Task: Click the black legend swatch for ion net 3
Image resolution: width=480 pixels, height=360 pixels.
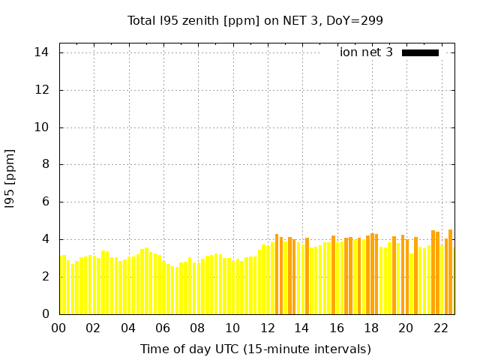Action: [420, 52]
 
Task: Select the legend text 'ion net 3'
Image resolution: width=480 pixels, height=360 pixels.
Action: [366, 52]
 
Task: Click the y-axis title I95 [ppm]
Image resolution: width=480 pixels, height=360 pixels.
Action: [10, 178]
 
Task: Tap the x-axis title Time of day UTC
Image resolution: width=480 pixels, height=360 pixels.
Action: [256, 349]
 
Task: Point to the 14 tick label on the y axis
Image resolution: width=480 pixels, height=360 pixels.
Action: [42, 52]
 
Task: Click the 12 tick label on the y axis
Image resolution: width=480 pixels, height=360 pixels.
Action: [42, 90]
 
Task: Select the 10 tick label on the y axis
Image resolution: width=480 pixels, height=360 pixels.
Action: [42, 127]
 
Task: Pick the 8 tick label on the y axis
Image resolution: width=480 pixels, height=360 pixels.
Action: [46, 164]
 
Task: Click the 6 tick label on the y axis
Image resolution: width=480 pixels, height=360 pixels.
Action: [46, 202]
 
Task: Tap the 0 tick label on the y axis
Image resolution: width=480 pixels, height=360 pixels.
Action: [46, 313]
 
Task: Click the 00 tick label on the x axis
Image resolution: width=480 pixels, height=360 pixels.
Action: [58, 328]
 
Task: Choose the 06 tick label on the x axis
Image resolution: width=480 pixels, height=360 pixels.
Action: [163, 328]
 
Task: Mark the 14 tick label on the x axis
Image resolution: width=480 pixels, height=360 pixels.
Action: [301, 328]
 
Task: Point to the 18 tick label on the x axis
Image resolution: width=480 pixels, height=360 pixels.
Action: [371, 328]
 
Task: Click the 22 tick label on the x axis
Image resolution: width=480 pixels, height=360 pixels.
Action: [440, 328]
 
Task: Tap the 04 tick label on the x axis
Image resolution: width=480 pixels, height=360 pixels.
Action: [128, 328]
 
